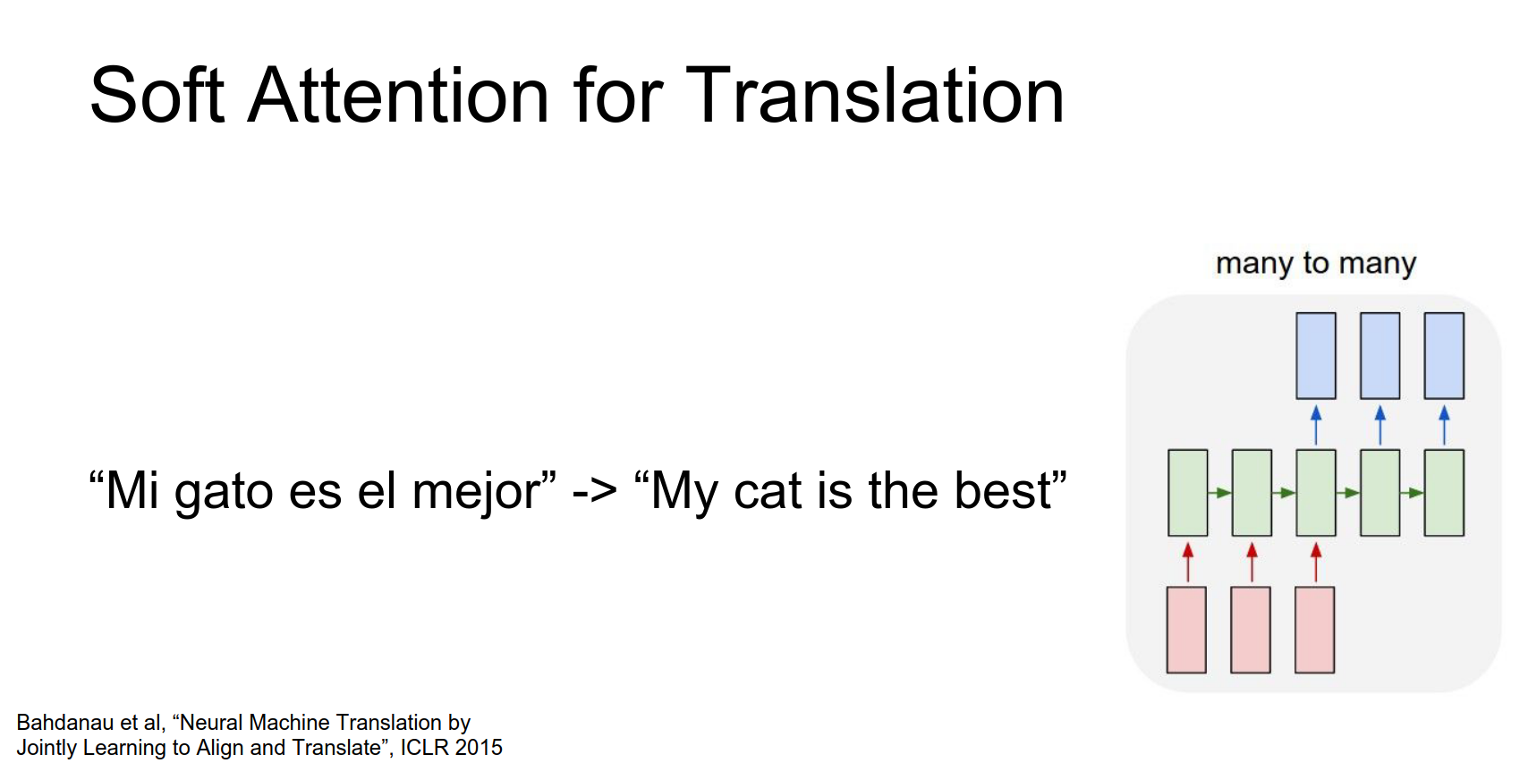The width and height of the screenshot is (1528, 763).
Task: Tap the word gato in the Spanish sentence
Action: (x=224, y=492)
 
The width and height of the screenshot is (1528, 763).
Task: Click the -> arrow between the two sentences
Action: (x=595, y=492)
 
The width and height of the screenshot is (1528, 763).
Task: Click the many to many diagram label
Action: (x=1316, y=264)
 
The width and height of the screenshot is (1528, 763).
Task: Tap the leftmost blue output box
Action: (x=1316, y=356)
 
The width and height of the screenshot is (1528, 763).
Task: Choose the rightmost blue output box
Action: (x=1444, y=356)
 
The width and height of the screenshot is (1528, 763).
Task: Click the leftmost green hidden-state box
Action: (x=1188, y=492)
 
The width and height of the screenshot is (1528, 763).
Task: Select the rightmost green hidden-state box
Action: (x=1444, y=492)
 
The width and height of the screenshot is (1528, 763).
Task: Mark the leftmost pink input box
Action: (x=1186, y=630)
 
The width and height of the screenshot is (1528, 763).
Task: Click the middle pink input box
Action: (x=1251, y=630)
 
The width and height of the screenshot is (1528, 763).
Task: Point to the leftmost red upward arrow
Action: (x=1188, y=562)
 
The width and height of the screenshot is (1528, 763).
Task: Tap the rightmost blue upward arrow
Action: (x=1444, y=426)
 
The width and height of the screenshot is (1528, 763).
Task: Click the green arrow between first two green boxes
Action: (x=1220, y=492)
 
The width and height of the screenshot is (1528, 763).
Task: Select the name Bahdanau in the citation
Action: (x=55, y=723)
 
